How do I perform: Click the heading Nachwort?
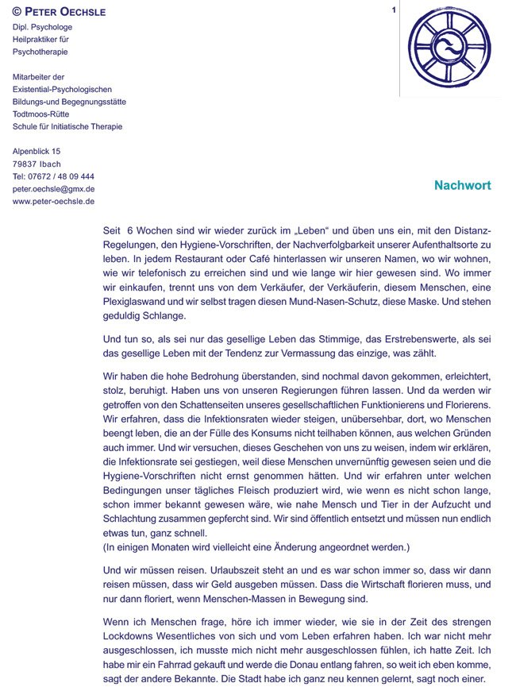463,186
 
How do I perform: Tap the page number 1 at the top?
394,10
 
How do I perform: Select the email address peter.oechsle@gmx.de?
54,189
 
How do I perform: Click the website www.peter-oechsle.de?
54,202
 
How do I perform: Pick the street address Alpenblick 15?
37,151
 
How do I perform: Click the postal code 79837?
25,164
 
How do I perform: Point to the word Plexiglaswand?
136,302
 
